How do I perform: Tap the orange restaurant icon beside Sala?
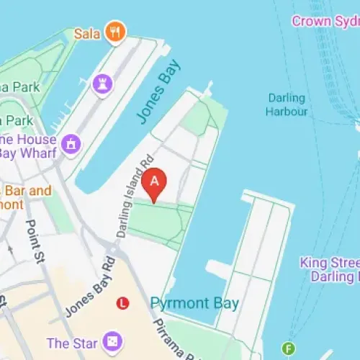(114, 32)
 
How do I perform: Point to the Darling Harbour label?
(287, 104)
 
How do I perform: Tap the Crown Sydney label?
(324, 21)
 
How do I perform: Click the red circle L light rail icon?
(123, 303)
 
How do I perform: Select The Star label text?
(72, 343)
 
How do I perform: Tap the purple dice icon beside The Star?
(112, 341)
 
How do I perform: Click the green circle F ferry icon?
(290, 348)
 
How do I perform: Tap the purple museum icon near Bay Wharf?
(71, 144)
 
